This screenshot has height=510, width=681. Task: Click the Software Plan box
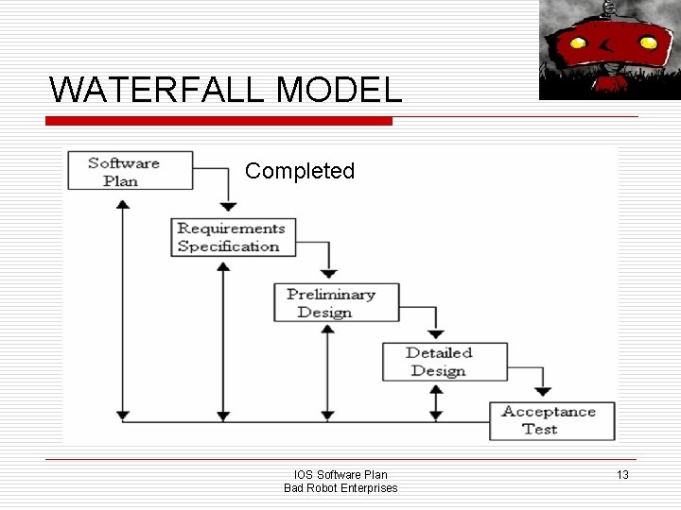coord(123,170)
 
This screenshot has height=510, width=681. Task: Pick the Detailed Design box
coord(439,362)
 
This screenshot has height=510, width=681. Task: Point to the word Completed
coord(300,171)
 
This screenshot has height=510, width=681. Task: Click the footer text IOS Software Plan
coord(340,474)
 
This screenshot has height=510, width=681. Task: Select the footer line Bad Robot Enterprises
coord(340,487)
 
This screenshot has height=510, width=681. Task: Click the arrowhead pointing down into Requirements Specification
coord(228,207)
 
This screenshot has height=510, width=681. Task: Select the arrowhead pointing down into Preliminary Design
coord(328,273)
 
